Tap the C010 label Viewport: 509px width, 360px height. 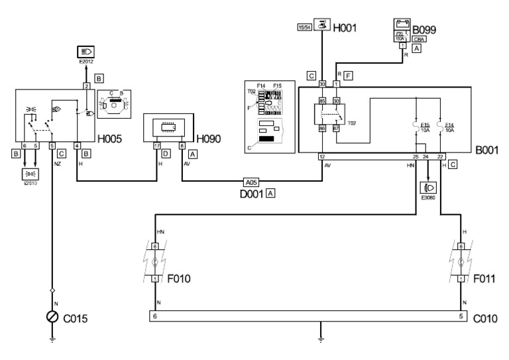(486, 318)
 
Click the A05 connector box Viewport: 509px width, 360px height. (251, 180)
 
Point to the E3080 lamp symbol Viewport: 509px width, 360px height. (428, 188)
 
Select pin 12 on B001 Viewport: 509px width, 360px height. (321, 156)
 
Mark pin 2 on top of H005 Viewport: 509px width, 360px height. (85, 86)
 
